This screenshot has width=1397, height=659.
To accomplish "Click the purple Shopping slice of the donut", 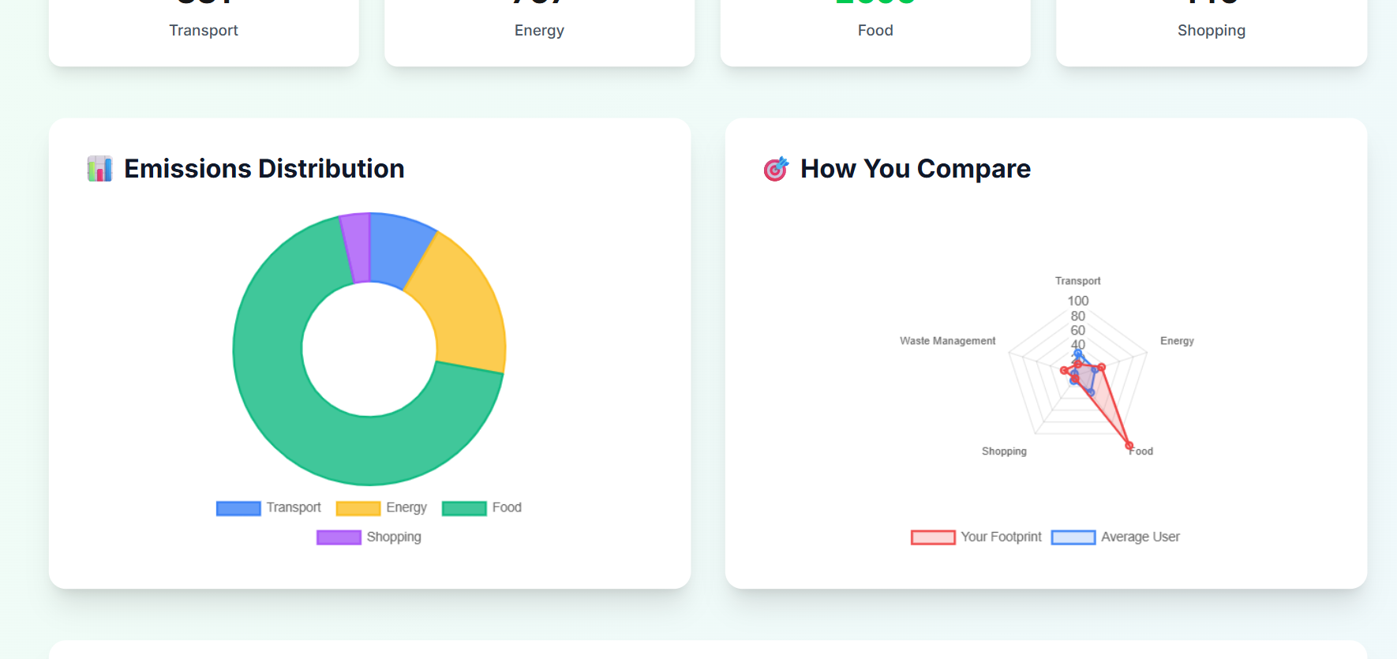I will (356, 247).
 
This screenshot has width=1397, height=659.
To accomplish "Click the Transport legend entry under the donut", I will (269, 507).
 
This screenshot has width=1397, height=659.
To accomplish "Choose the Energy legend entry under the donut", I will (382, 507).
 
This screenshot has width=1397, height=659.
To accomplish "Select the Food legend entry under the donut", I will (482, 507).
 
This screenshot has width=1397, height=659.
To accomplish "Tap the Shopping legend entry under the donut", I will (369, 537).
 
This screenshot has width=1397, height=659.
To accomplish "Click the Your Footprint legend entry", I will (976, 537).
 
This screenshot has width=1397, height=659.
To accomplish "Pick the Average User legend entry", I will (1116, 537).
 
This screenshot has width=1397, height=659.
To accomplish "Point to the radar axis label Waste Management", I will (947, 341).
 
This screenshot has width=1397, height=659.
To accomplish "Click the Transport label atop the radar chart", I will (1077, 281).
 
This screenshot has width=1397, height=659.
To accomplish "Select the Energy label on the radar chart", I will (1177, 341).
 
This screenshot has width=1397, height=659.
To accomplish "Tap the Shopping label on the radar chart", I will (1004, 451).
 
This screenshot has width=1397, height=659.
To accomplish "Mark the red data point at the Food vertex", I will (1129, 446).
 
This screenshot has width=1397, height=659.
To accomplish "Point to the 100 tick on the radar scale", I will (1077, 301).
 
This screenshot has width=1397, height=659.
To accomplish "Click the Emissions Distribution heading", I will (264, 169).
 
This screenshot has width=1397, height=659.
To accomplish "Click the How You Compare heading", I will (916, 169).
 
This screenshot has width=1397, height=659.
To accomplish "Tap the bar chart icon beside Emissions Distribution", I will (99, 169).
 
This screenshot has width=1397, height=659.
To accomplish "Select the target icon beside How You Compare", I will (776, 169).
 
